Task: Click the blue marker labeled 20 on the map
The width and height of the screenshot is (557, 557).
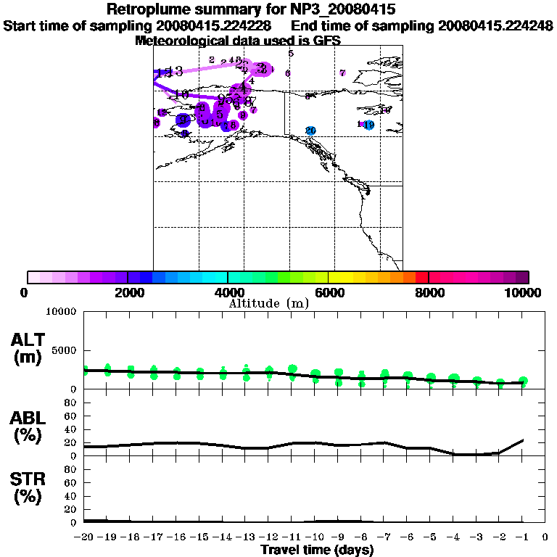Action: (310, 131)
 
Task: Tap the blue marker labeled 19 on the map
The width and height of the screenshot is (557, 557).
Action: (368, 125)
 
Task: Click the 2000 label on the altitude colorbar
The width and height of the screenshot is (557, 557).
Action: (127, 292)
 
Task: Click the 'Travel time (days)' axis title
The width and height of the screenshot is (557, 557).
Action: (317, 550)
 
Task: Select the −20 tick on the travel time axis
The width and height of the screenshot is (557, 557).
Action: (84, 537)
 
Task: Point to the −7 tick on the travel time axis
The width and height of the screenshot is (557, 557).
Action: (384, 537)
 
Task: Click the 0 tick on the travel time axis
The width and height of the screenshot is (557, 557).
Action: (545, 537)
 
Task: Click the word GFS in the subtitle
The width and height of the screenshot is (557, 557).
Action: (326, 41)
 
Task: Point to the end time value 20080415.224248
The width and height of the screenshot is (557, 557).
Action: (495, 26)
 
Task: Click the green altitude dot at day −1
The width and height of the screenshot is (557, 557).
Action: (523, 381)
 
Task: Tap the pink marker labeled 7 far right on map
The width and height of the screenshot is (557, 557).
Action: (342, 73)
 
